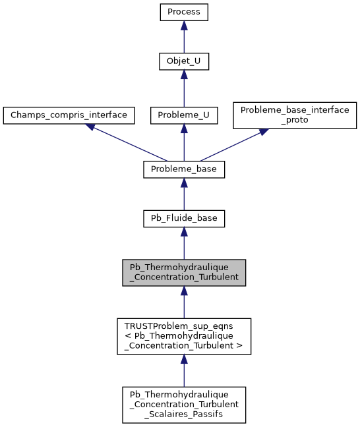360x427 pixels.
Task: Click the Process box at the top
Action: pyautogui.click(x=184, y=12)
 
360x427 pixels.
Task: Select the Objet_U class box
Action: pyautogui.click(x=184, y=63)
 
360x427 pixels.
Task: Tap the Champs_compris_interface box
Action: pyautogui.click(x=69, y=115)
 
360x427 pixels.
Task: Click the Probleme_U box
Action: pyautogui.click(x=184, y=115)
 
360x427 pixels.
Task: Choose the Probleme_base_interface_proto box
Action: pyautogui.click(x=295, y=115)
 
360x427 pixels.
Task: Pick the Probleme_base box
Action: pyautogui.click(x=184, y=169)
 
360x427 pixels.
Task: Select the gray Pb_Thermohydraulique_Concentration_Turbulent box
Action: pyautogui.click(x=184, y=272)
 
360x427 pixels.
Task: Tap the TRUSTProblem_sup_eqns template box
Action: pyautogui.click(x=184, y=336)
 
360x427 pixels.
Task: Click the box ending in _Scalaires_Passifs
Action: pyautogui.click(x=184, y=405)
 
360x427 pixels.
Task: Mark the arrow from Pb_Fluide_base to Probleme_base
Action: pyautogui.click(x=184, y=194)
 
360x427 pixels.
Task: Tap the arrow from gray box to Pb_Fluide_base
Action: pyautogui.click(x=184, y=244)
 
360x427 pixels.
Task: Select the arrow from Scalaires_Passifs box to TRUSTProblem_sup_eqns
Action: pyautogui.click(x=184, y=370)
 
